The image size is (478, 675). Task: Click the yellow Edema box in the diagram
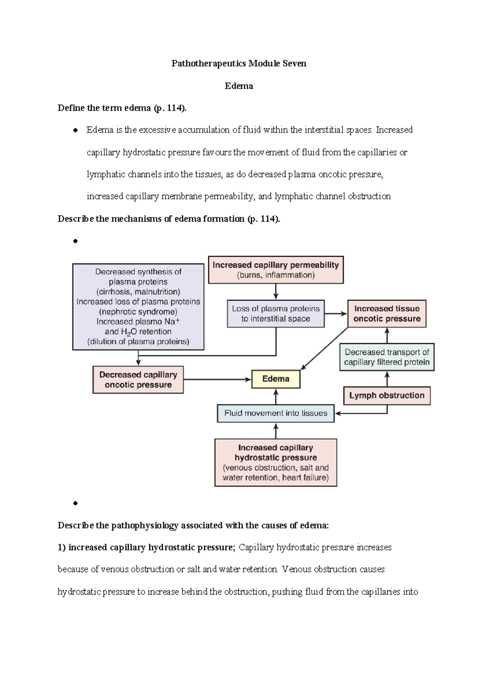(x=276, y=379)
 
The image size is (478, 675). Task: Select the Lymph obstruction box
(x=387, y=396)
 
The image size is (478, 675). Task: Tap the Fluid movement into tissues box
(x=276, y=413)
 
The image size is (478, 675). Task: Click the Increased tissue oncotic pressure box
(x=387, y=314)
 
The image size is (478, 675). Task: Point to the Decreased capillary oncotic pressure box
(x=138, y=380)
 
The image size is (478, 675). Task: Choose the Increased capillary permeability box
(x=276, y=270)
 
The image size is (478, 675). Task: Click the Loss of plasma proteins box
(x=276, y=314)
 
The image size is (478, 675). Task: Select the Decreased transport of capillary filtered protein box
(x=387, y=357)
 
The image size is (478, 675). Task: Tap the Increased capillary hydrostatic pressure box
(x=276, y=462)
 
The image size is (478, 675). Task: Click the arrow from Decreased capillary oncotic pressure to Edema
(x=217, y=380)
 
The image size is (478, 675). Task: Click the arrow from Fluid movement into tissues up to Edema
(x=276, y=397)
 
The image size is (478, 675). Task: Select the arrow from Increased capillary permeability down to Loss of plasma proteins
(x=276, y=292)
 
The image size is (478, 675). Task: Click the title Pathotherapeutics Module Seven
(x=239, y=64)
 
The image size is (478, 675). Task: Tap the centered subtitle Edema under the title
(x=239, y=86)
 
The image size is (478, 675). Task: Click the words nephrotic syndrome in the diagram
(x=138, y=312)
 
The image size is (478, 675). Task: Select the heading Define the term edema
(x=122, y=108)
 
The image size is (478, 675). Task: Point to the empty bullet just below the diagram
(x=75, y=503)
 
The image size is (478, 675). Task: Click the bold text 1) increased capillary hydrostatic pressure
(x=147, y=548)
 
